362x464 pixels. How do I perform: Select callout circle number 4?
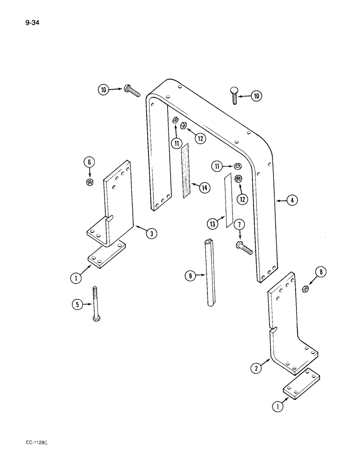[x=292, y=200]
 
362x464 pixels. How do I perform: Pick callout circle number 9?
[x=190, y=276]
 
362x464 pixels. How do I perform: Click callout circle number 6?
[x=89, y=162]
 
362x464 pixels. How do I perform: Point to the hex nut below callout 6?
[x=89, y=182]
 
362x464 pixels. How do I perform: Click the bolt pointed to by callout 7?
[x=244, y=248]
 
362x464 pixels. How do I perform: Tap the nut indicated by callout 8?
[x=306, y=289]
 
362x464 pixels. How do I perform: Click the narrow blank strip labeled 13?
[x=228, y=202]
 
